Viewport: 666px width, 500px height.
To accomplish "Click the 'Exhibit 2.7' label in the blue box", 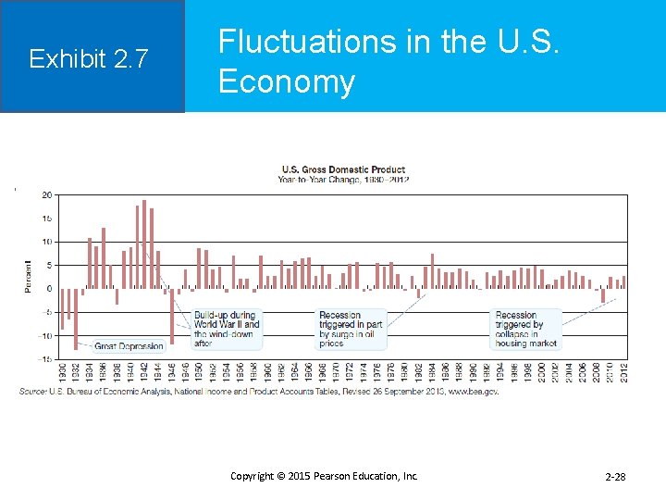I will tap(88, 59).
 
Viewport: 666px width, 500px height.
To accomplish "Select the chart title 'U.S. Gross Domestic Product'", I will tap(343, 169).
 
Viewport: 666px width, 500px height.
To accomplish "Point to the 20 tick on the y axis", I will tap(46, 195).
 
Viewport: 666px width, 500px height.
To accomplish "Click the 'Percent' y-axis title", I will tap(28, 277).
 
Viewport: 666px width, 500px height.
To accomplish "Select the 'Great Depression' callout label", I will tap(129, 346).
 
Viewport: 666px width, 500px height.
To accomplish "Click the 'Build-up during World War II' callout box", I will tap(227, 330).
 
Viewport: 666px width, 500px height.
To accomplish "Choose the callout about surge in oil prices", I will tap(350, 330).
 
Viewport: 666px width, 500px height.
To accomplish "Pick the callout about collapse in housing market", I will tap(526, 330).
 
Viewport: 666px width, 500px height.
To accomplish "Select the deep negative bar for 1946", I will tap(172, 316).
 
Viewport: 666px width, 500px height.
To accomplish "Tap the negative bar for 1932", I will tap(76, 319).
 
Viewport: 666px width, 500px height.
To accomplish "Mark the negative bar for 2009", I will tap(603, 295).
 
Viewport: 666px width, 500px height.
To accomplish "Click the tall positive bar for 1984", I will tap(432, 270).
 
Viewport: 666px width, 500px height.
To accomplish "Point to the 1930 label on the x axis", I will tap(62, 371).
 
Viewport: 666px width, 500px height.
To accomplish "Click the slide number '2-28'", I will tap(615, 477).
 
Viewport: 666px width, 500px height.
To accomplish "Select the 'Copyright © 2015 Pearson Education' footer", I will tap(324, 476).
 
